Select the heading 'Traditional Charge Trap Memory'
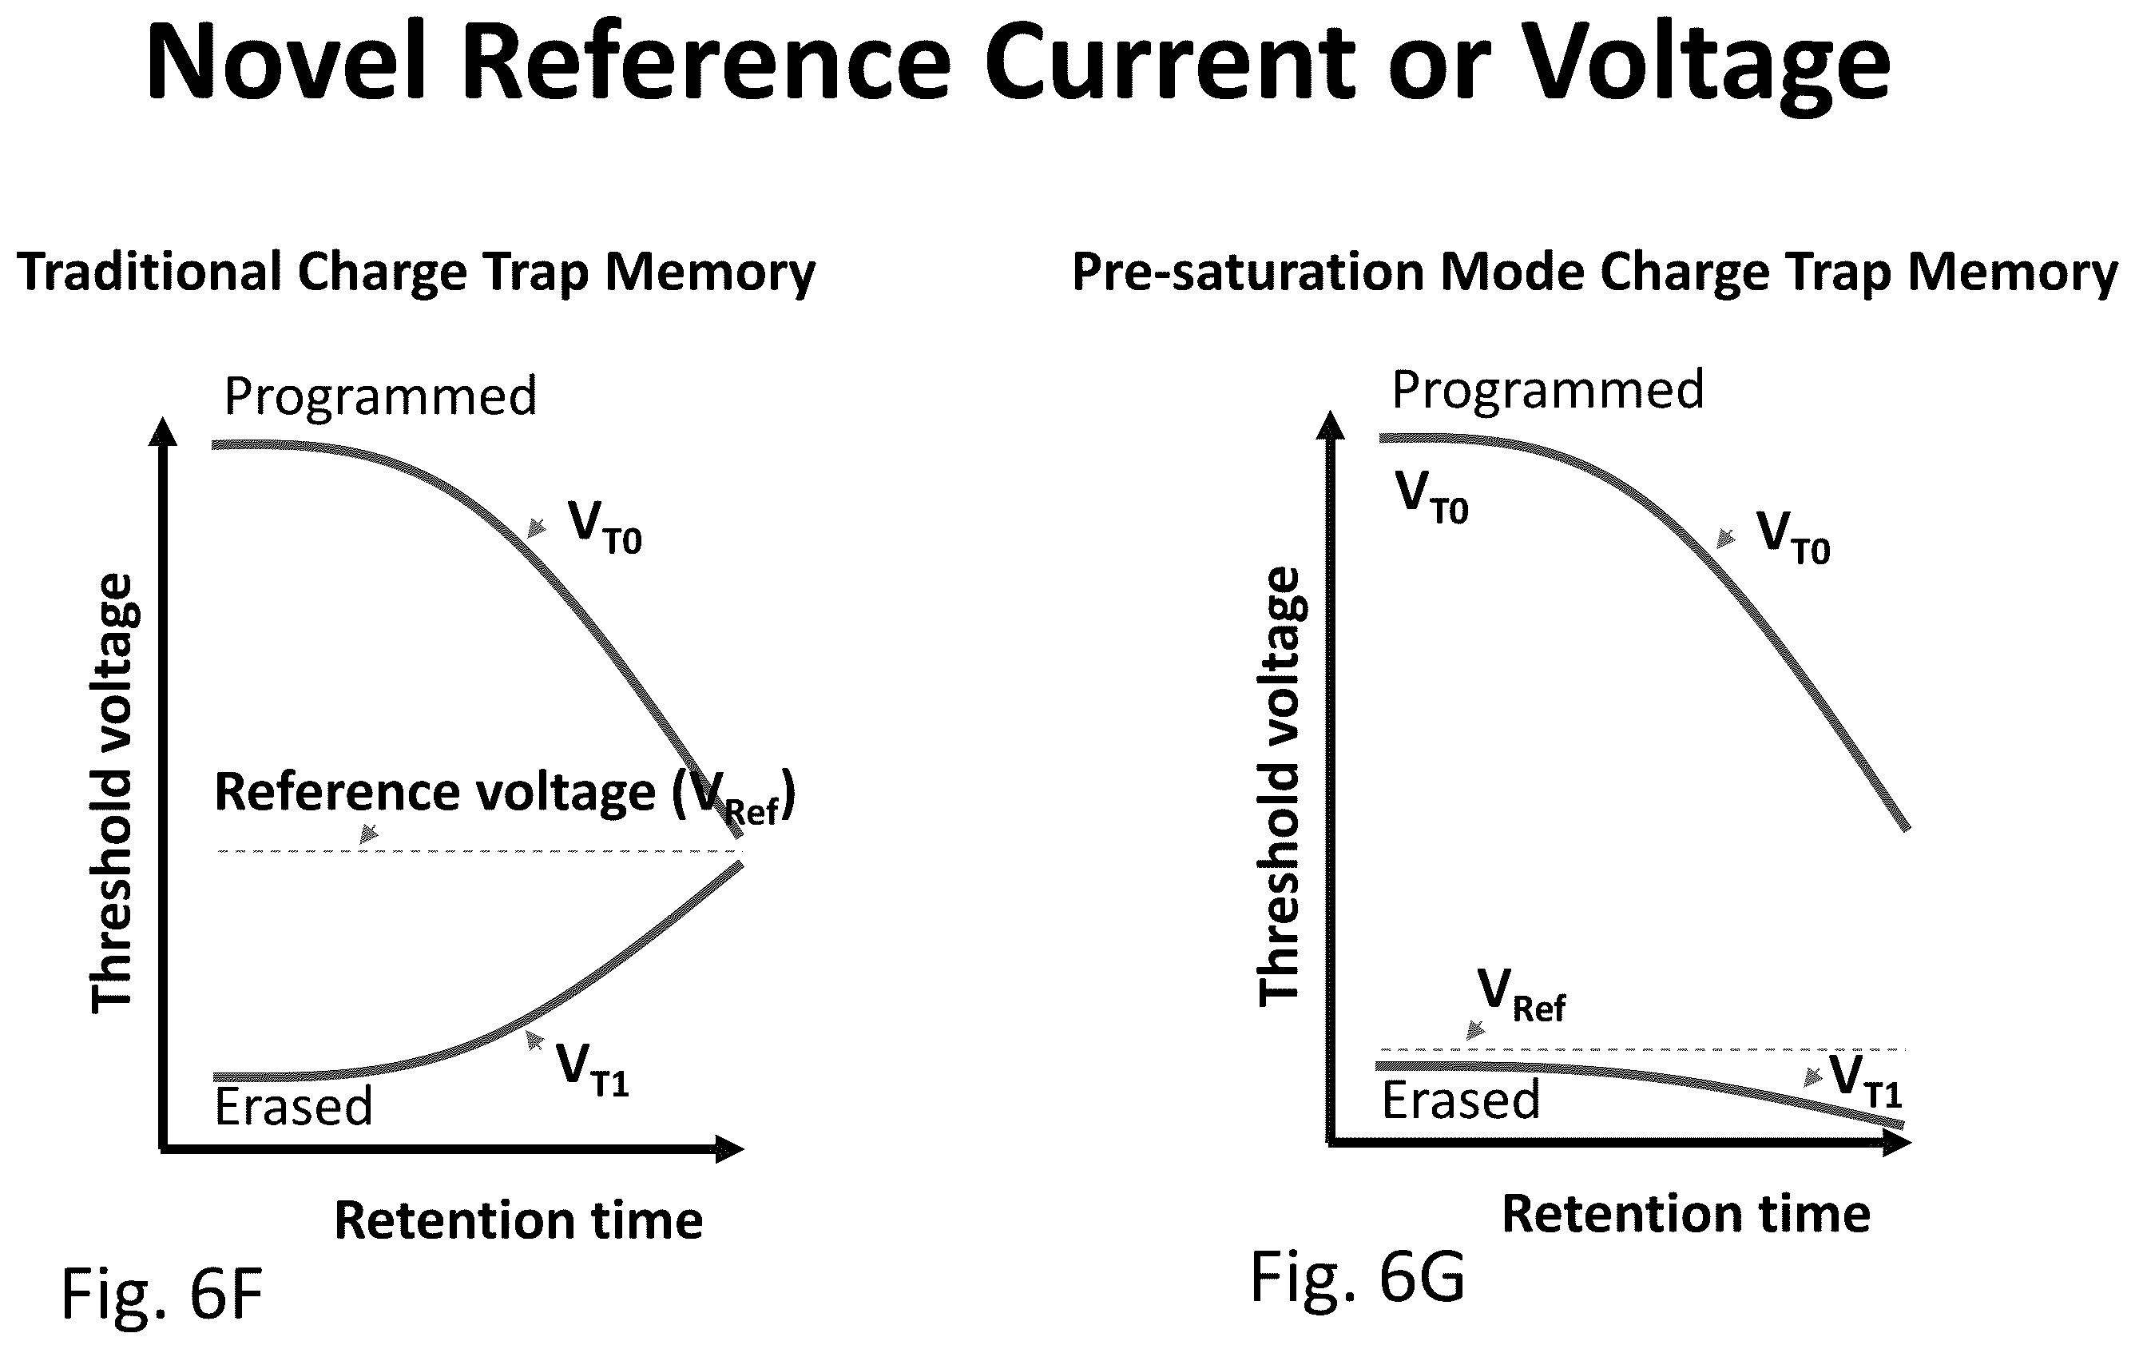(x=416, y=272)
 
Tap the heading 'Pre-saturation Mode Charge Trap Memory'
(x=1595, y=272)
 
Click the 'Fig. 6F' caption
(x=162, y=1294)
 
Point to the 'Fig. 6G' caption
(x=1357, y=1277)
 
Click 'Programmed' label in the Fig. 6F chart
(x=380, y=396)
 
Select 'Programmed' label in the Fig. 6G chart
(x=1548, y=389)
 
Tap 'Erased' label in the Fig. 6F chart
(x=293, y=1106)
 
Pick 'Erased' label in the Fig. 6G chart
(x=1460, y=1100)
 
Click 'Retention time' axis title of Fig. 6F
(x=518, y=1220)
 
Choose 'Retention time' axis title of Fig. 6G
(x=1686, y=1213)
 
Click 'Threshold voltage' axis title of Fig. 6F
(x=113, y=793)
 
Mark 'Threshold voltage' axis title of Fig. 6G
(x=1280, y=786)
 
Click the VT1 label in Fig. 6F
(x=593, y=1069)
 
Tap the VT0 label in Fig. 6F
(x=605, y=527)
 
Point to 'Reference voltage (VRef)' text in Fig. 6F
(x=506, y=794)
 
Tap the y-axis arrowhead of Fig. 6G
(x=1330, y=426)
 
